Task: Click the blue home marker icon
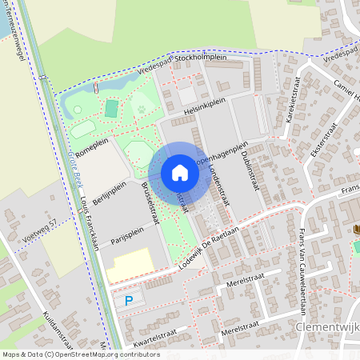[x=180, y=173]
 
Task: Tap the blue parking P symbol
[x=130, y=301]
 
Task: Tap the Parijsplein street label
[x=126, y=232]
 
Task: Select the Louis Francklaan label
[x=88, y=225]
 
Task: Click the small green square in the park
[x=111, y=107]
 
